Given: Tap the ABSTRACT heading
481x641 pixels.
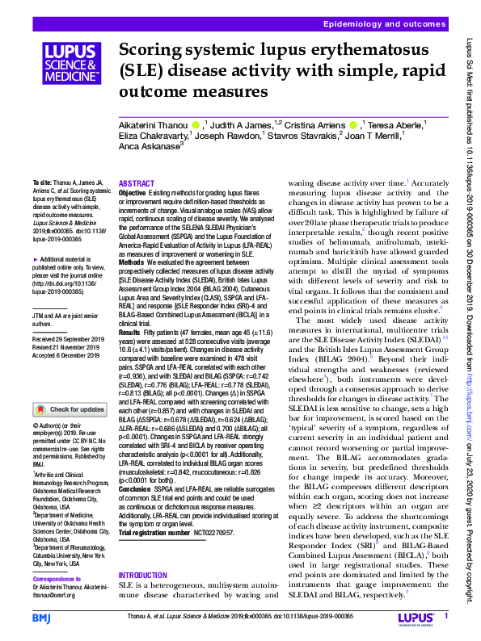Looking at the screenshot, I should tap(136, 184).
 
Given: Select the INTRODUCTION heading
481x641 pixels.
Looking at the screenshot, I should tap(144, 576).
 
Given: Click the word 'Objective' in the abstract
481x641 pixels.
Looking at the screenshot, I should tap(133, 194).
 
